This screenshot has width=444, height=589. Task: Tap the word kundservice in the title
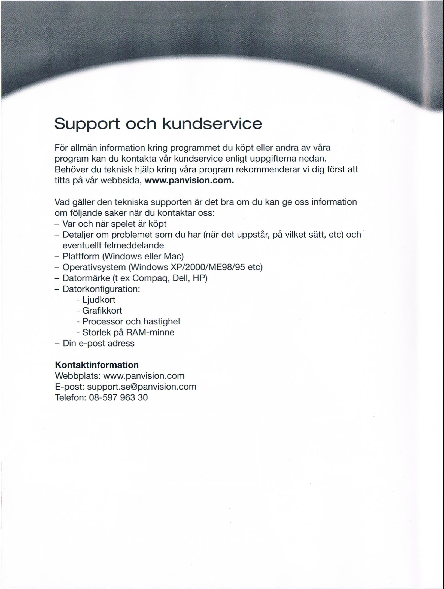(212, 124)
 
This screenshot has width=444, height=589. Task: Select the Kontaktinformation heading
(97, 365)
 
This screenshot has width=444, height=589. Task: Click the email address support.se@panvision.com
(142, 387)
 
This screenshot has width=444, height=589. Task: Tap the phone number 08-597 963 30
(118, 397)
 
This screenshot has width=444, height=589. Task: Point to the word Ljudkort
(99, 300)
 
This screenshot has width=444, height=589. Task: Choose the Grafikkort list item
(102, 311)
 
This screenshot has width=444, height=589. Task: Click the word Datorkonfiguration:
(101, 289)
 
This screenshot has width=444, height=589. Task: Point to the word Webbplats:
(78, 376)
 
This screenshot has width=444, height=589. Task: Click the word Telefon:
(71, 397)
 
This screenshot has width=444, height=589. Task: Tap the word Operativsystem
(94, 267)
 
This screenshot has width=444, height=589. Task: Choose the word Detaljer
(78, 235)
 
